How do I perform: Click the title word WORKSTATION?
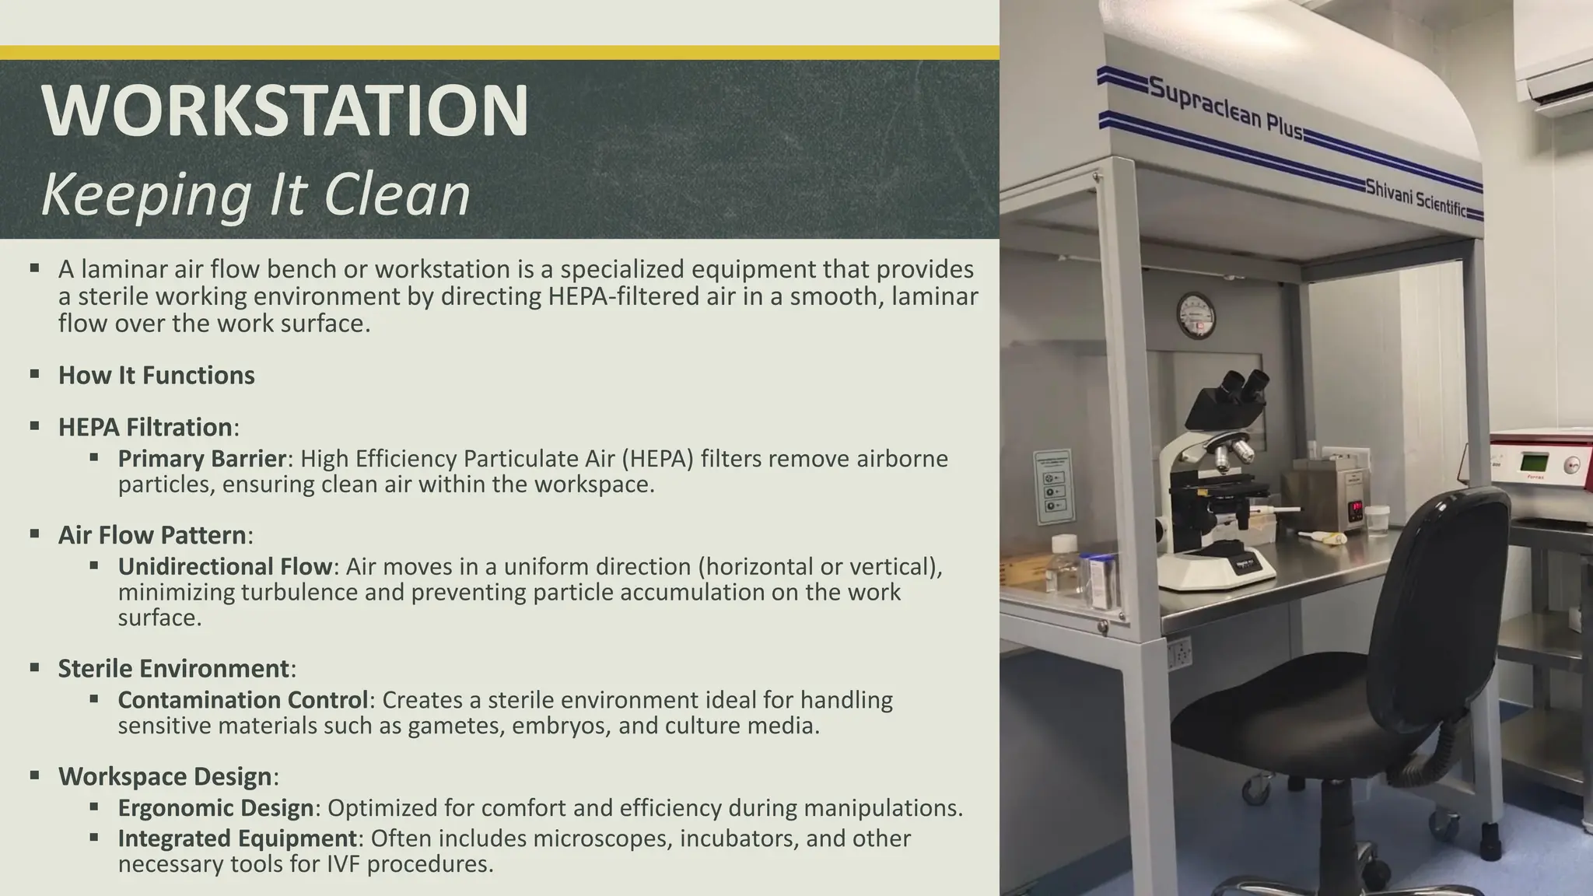tap(285, 110)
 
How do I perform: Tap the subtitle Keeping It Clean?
tap(255, 194)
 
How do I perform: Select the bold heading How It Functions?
tap(156, 376)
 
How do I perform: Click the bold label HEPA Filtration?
tap(145, 427)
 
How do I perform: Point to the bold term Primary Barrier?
tap(202, 459)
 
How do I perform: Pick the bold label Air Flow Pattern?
tap(152, 535)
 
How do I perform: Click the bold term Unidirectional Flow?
tap(225, 566)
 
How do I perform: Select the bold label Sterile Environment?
tap(173, 669)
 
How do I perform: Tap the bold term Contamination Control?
tap(243, 700)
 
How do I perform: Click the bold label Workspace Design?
tap(165, 776)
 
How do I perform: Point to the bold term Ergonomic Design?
tap(215, 808)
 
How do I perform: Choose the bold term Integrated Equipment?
tap(237, 838)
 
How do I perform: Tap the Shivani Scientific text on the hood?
tap(1416, 198)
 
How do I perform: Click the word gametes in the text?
tap(453, 726)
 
